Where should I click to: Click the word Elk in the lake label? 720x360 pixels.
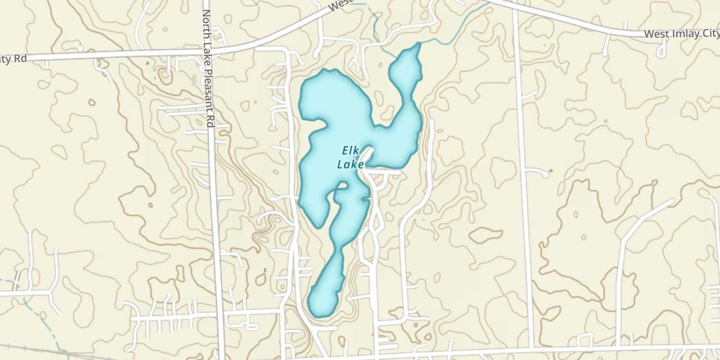pos(351,150)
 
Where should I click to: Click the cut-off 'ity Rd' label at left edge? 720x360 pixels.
pos(13,59)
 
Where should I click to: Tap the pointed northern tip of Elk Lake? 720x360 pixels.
pos(419,44)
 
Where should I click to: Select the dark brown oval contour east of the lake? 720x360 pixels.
pos(486,235)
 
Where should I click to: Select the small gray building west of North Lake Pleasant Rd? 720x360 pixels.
pos(194,80)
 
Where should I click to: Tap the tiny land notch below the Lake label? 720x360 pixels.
pos(343,185)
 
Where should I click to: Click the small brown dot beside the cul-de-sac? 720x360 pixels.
pos(551,170)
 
